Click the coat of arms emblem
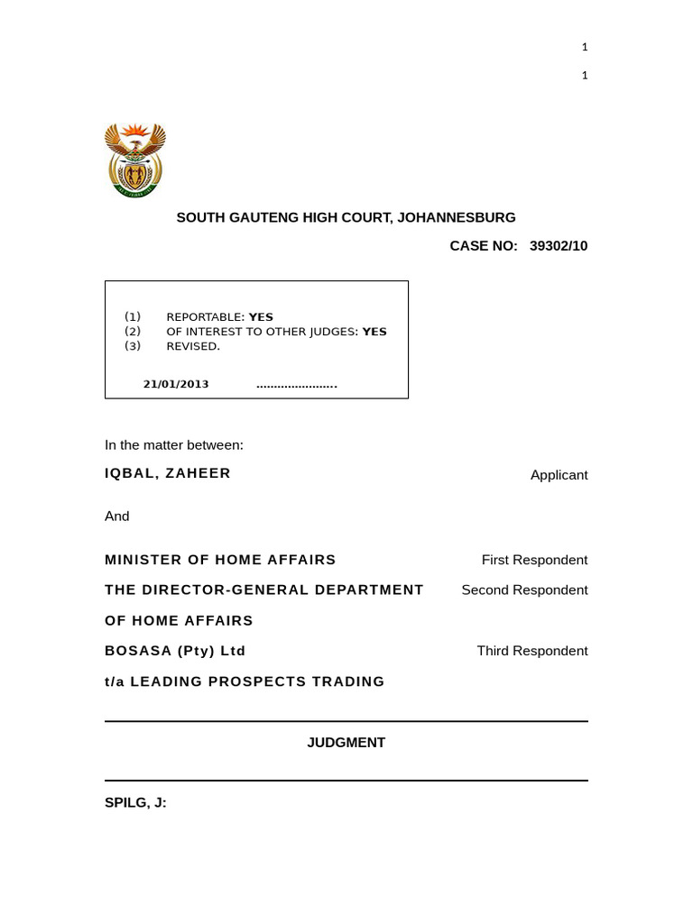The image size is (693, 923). click(135, 160)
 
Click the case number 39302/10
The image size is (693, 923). click(559, 246)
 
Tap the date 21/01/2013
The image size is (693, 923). click(176, 384)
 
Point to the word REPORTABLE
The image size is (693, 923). click(205, 317)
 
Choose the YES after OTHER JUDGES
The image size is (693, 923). click(374, 332)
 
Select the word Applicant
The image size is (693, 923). click(559, 475)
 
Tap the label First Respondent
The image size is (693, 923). click(534, 560)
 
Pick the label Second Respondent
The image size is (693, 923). click(524, 590)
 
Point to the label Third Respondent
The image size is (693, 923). click(532, 651)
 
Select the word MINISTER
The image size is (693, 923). click(143, 560)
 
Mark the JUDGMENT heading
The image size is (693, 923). click(346, 743)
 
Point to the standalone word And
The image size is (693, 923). click(117, 516)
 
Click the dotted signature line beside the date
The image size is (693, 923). click(297, 385)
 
